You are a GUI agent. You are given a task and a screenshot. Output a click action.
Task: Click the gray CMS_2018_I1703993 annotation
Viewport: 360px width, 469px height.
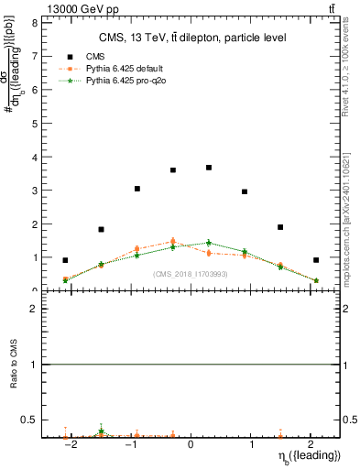191,274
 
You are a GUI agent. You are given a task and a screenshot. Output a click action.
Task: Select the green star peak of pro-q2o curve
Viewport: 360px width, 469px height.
209,243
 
